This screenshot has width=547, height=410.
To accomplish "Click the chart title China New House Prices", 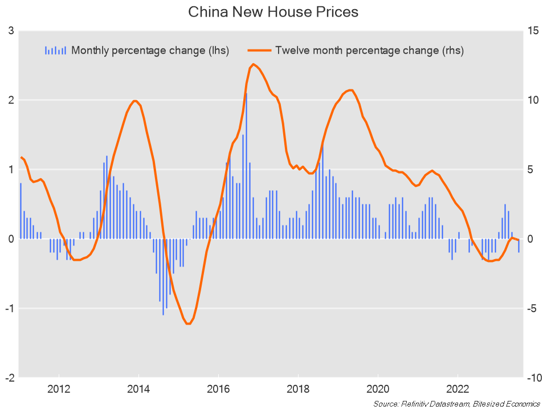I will pos(273,12).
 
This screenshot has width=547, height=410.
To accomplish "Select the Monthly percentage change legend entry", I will pos(150,50).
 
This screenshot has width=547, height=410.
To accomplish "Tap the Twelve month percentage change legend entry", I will pos(369,50).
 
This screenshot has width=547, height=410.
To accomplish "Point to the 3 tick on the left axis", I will pos(11,30).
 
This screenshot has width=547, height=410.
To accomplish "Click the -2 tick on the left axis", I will pos(10,378).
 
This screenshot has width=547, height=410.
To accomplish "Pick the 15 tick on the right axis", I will pos(534,30).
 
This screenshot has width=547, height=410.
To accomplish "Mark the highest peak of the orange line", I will pos(253,64).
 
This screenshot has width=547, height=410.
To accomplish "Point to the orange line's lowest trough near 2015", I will pos(188,323).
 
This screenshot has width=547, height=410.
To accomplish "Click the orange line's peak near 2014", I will pos(135,101).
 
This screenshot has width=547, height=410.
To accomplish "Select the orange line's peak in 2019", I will pos(350,90).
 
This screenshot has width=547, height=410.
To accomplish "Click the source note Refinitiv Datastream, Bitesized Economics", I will pos(456,403).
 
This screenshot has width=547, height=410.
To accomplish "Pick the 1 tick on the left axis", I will pos(11,169).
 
